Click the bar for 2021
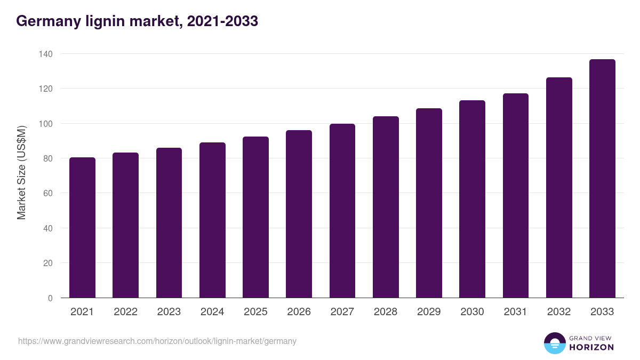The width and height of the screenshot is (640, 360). pyautogui.click(x=82, y=228)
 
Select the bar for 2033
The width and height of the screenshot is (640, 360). pyautogui.click(x=602, y=179)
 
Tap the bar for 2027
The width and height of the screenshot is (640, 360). pyautogui.click(x=342, y=211)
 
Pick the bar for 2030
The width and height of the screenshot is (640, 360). pyautogui.click(x=472, y=199)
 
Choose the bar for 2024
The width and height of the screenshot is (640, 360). pyautogui.click(x=212, y=220)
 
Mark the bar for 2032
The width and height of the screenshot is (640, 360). pyautogui.click(x=559, y=188)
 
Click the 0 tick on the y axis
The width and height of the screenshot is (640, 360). pyautogui.click(x=50, y=298)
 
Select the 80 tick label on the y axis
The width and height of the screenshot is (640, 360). pyautogui.click(x=47, y=158)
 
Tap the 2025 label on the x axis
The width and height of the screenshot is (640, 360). pyautogui.click(x=255, y=312)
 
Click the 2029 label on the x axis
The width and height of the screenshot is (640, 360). pyautogui.click(x=429, y=312)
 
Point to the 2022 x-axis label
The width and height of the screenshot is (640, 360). pyautogui.click(x=125, y=312)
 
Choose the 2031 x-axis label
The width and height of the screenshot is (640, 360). pyautogui.click(x=516, y=312)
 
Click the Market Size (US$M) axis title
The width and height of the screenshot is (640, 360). pyautogui.click(x=21, y=172)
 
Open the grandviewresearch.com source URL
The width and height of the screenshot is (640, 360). pyautogui.click(x=157, y=341)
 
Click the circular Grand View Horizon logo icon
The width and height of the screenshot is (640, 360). pyautogui.click(x=555, y=343)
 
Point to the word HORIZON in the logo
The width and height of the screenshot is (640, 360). pyautogui.click(x=591, y=347)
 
